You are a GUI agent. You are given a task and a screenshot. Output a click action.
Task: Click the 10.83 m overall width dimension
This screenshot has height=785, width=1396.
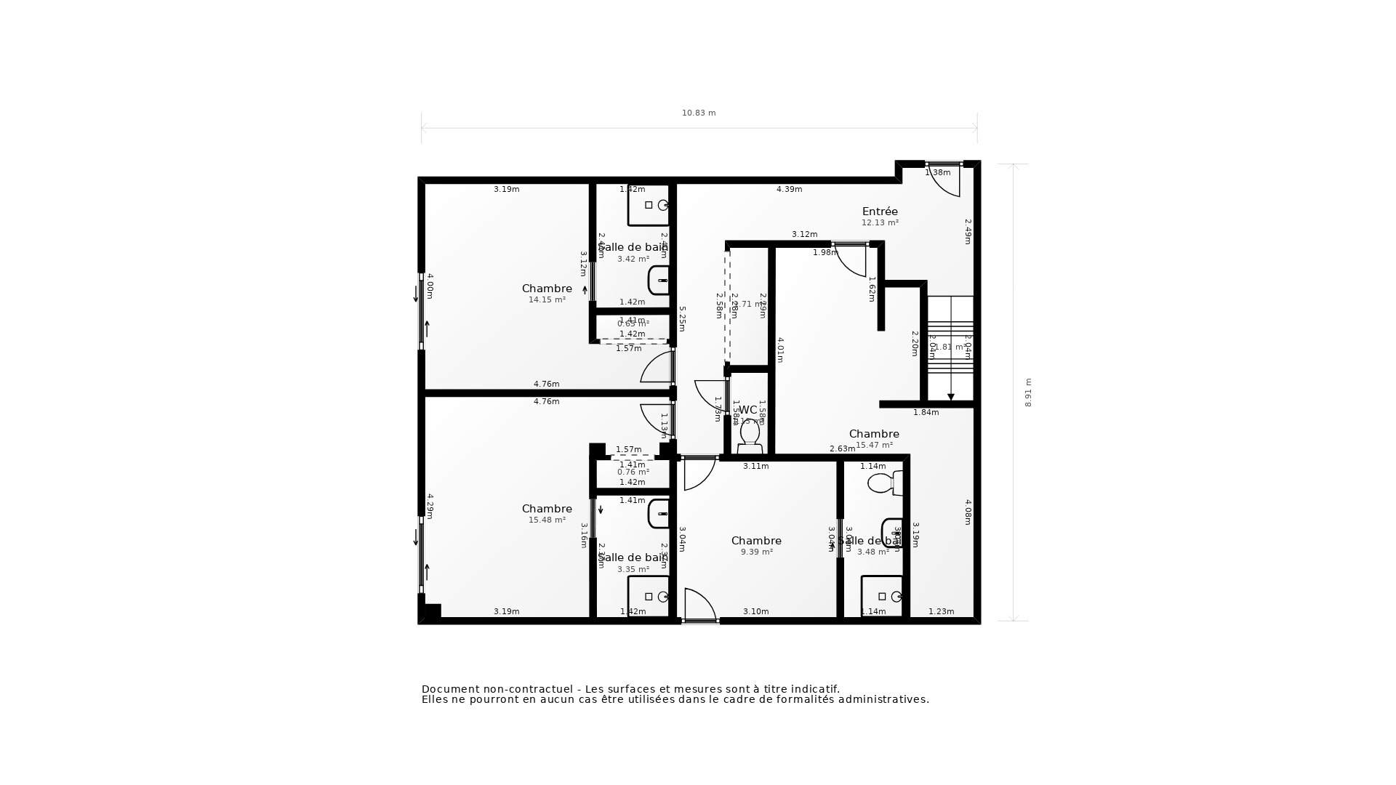pyautogui.click(x=699, y=113)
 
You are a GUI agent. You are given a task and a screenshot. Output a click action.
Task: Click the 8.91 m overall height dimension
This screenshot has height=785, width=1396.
pyautogui.click(x=1028, y=392)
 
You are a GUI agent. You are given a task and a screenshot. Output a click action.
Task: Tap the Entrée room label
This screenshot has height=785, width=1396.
pyautogui.click(x=880, y=212)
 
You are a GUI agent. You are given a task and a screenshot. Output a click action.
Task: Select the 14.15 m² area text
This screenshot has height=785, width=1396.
pyautogui.click(x=547, y=299)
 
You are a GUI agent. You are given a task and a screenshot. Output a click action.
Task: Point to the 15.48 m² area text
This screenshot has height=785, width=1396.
pyautogui.click(x=547, y=520)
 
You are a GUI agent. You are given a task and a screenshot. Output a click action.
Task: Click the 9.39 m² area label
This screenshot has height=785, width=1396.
pyautogui.click(x=756, y=552)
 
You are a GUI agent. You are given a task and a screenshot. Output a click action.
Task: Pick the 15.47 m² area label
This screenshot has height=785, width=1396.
pyautogui.click(x=874, y=445)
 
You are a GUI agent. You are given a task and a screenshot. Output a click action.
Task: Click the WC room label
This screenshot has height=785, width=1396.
pyautogui.click(x=748, y=410)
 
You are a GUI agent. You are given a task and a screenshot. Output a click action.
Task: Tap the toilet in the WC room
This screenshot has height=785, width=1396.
pyautogui.click(x=750, y=435)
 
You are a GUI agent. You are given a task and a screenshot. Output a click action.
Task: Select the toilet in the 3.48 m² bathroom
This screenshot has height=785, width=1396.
pyautogui.click(x=884, y=483)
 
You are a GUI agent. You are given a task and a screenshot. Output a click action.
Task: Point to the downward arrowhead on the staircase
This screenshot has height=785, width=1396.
pyautogui.click(x=950, y=397)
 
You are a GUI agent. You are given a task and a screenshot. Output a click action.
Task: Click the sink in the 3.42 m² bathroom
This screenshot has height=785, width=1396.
pyautogui.click(x=659, y=280)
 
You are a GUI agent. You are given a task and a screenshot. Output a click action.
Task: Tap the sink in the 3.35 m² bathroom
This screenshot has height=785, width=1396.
pyautogui.click(x=659, y=513)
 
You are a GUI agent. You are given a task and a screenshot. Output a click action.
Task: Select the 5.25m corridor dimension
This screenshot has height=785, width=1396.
pyautogui.click(x=682, y=318)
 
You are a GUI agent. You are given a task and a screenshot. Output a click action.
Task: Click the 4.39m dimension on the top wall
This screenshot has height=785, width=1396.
pyautogui.click(x=789, y=189)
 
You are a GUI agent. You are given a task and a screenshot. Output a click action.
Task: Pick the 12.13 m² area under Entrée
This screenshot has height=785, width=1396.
pyautogui.click(x=880, y=222)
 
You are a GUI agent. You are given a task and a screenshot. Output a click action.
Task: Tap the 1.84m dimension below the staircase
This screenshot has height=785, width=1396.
pyautogui.click(x=926, y=412)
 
